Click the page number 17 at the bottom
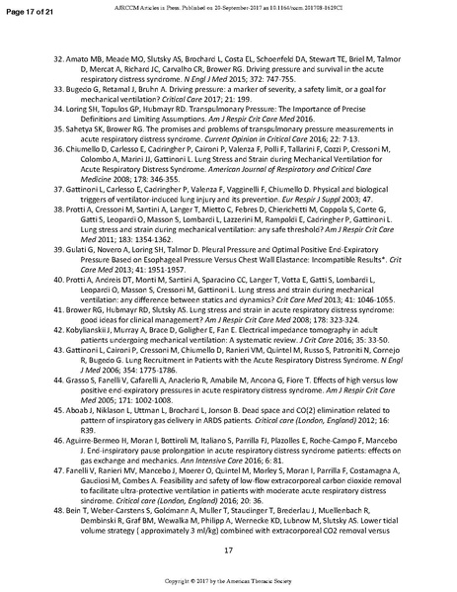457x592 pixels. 228,549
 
